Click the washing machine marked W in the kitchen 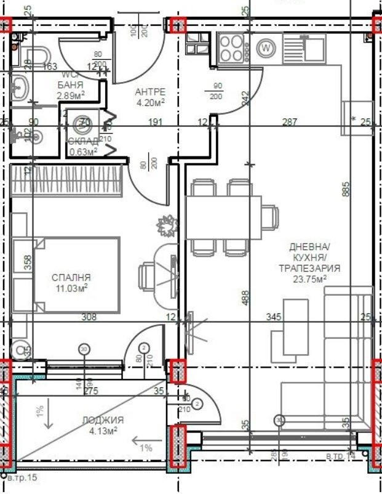pyautogui.click(x=266, y=47)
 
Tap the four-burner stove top pyautogui.click(x=232, y=47)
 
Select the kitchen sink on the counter pyautogui.click(x=305, y=47)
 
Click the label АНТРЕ pyautogui.click(x=150, y=92)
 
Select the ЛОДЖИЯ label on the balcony pyautogui.click(x=103, y=420)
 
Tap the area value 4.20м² pyautogui.click(x=150, y=102)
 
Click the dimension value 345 pyautogui.click(x=273, y=317)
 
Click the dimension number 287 pyautogui.click(x=288, y=122)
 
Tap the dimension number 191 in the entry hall pyautogui.click(x=156, y=122)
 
